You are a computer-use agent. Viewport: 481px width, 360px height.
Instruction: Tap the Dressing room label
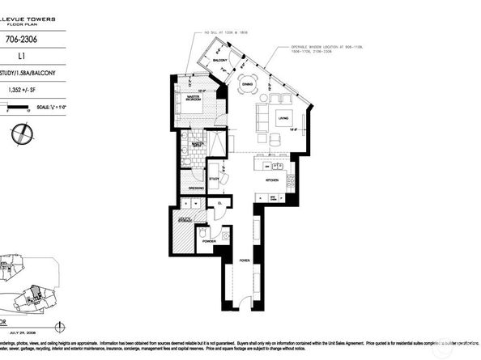(194, 189)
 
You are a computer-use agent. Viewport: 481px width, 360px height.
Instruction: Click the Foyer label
(243, 260)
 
